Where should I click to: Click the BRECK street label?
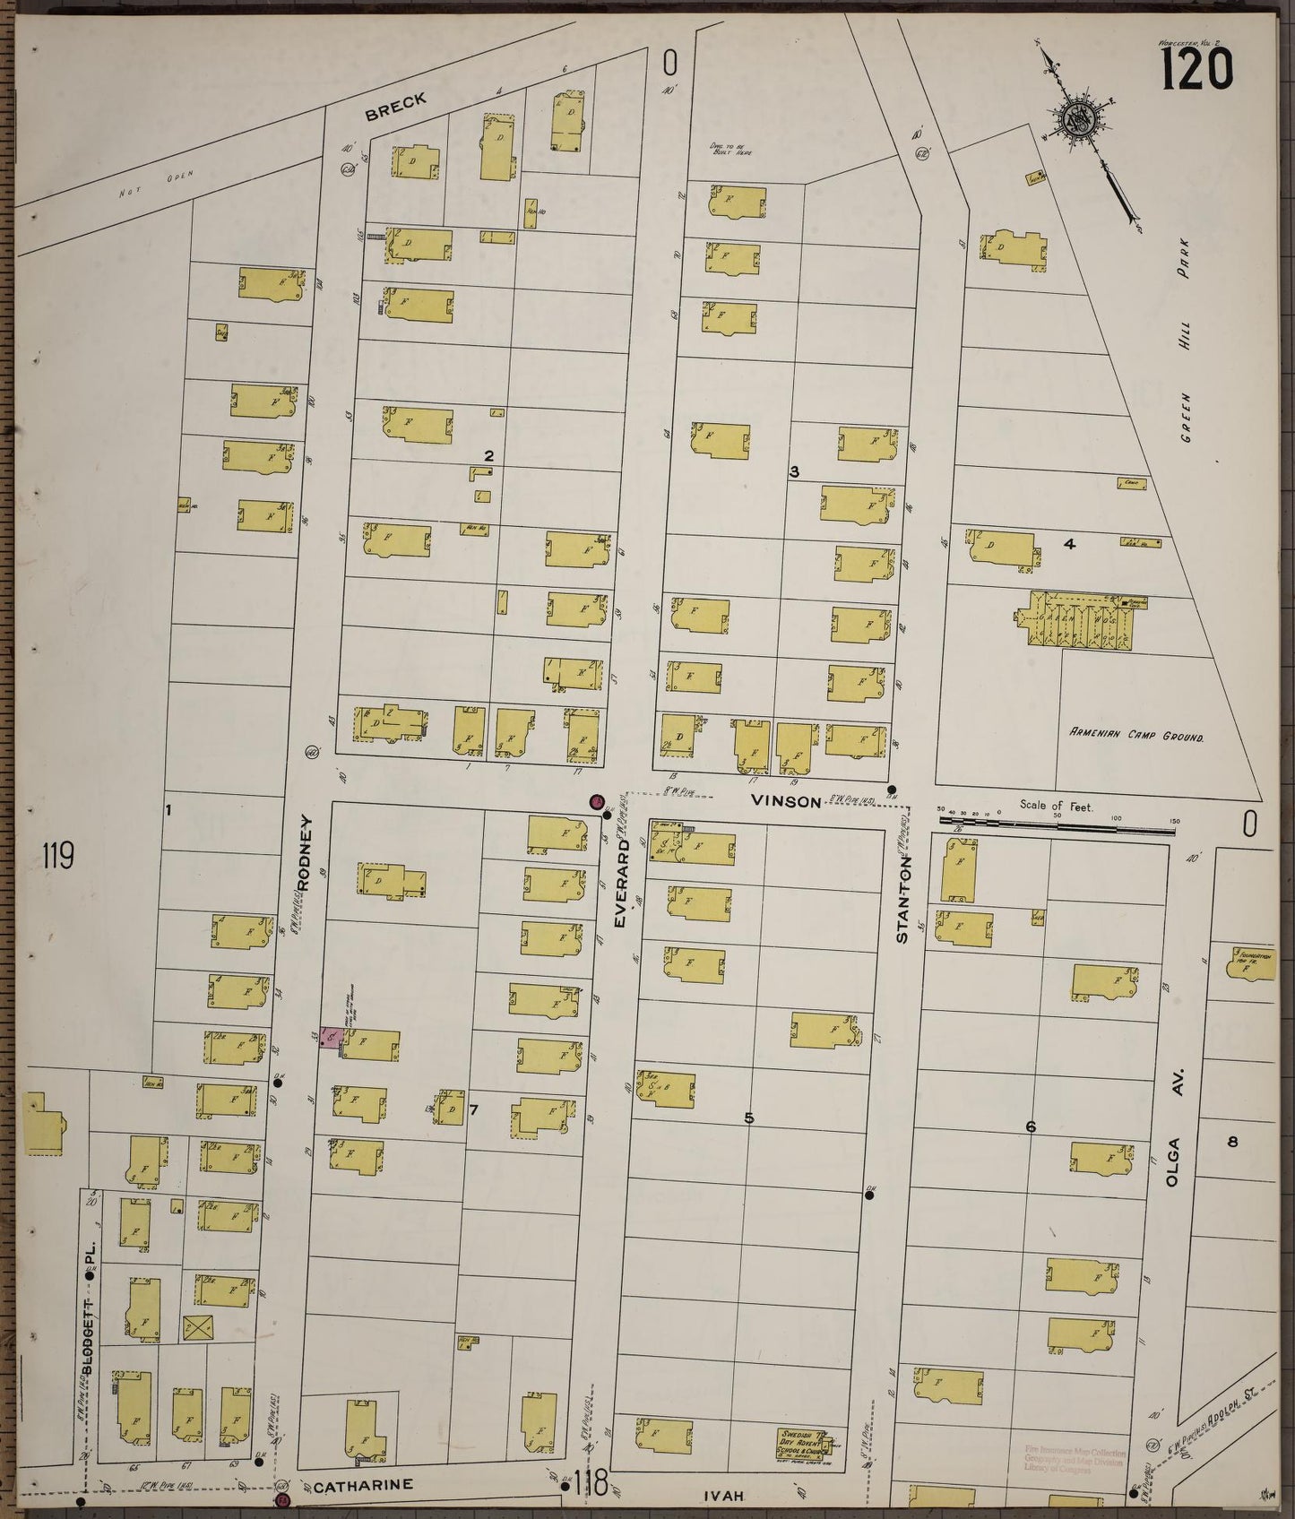point(395,108)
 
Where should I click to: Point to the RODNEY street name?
point(303,851)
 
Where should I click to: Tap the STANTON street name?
point(902,900)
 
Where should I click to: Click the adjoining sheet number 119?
point(57,856)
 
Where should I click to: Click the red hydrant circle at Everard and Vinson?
point(596,801)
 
